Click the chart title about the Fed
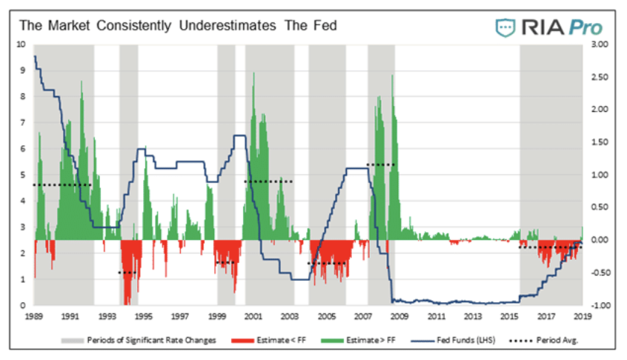pos(178,25)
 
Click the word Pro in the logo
pos(585,27)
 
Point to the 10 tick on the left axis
pos(21,44)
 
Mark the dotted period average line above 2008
pos(381,164)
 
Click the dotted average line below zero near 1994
pos(128,273)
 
